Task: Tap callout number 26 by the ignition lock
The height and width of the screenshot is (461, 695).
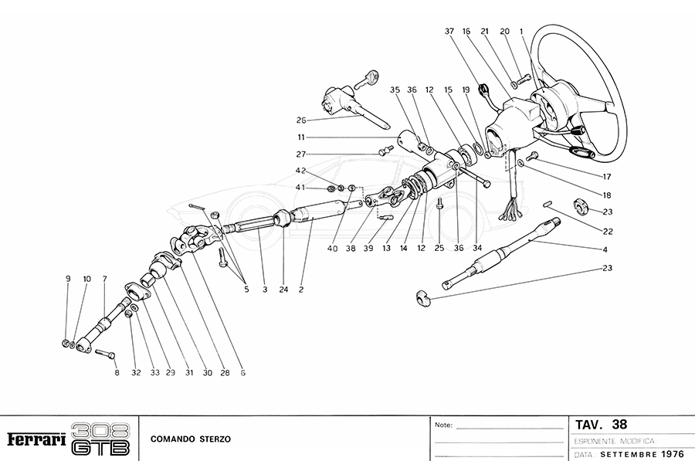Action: click(301, 120)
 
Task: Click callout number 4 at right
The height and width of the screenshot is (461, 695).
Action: click(605, 249)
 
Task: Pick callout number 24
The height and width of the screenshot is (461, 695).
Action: click(284, 290)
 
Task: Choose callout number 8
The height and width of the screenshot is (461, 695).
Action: click(117, 372)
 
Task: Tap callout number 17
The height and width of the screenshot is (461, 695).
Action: click(596, 177)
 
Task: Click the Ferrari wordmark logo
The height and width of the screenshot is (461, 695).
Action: click(36, 439)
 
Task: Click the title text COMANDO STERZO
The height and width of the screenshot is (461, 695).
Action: click(190, 439)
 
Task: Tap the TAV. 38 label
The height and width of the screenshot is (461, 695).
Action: click(602, 424)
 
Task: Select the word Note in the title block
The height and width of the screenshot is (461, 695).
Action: click(443, 425)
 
